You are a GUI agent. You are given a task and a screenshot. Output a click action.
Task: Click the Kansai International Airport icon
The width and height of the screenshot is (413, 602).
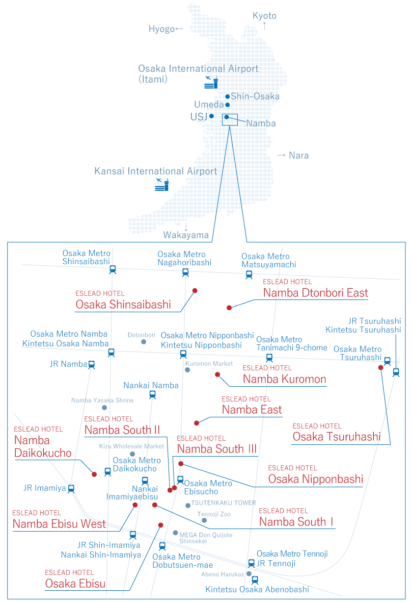(161, 185)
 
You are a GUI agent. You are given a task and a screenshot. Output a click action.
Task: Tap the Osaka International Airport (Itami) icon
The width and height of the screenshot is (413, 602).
(211, 82)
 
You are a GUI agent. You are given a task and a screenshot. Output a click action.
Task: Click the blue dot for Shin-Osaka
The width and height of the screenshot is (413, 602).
(227, 96)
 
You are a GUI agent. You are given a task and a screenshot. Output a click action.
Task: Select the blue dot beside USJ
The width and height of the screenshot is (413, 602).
(211, 116)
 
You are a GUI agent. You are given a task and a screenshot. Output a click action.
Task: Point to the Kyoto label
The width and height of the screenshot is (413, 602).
(264, 16)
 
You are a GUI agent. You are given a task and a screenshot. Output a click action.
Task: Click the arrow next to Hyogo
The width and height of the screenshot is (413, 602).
(179, 29)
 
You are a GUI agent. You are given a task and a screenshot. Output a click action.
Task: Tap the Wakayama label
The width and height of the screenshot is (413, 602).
(186, 235)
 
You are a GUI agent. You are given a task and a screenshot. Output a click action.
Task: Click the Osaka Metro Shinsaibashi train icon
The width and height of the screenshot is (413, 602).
(113, 270)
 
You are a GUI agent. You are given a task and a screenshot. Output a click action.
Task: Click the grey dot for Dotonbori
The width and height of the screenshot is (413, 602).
(144, 342)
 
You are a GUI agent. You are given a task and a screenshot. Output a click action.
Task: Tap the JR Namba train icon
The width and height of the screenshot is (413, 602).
(92, 364)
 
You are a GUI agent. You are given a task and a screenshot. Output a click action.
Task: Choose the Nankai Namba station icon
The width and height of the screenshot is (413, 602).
(152, 394)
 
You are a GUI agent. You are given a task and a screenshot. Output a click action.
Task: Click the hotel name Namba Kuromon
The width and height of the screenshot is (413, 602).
(284, 379)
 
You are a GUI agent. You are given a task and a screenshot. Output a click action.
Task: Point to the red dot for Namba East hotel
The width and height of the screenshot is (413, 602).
(197, 422)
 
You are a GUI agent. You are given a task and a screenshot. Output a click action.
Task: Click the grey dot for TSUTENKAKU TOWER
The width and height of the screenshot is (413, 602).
(188, 505)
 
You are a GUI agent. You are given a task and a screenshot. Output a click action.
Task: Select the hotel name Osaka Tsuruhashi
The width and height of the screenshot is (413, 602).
(336, 437)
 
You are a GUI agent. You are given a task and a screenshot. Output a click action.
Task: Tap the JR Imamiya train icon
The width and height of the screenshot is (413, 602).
(71, 488)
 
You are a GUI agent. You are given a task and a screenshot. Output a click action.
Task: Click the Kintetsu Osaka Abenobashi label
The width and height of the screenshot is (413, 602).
(257, 589)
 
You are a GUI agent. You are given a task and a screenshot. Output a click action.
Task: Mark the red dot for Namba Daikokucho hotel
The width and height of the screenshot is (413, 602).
(94, 474)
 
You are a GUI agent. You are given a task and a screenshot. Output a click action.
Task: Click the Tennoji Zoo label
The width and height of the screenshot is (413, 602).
(214, 514)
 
